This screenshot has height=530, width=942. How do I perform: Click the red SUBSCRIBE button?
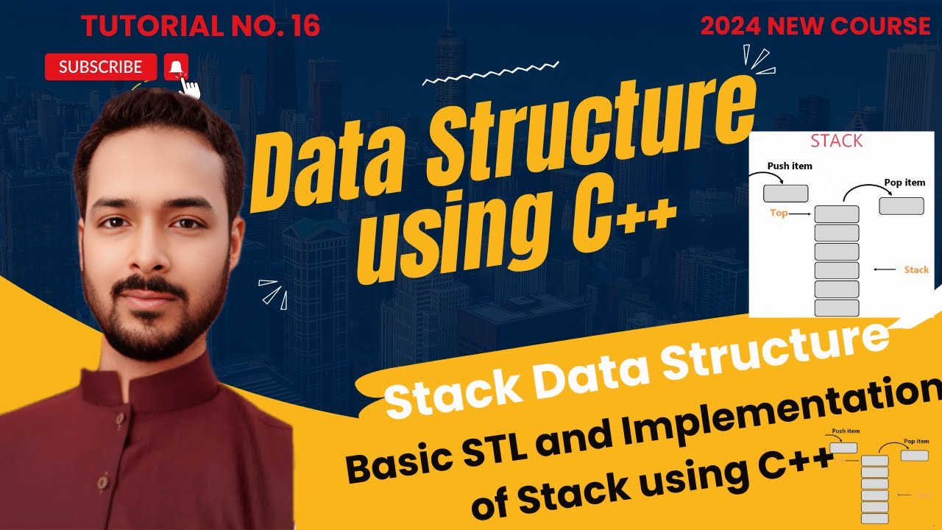101,67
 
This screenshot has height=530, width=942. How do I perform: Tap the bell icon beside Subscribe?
175,68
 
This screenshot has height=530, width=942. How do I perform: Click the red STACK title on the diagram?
836,141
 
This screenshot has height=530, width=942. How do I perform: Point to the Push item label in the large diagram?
790,166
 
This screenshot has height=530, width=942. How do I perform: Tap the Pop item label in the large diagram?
904,182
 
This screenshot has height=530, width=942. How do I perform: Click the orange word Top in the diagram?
779,213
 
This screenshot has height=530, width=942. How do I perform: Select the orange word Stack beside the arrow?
916,269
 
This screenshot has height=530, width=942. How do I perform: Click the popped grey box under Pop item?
902,206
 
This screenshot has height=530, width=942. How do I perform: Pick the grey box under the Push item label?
785,194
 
